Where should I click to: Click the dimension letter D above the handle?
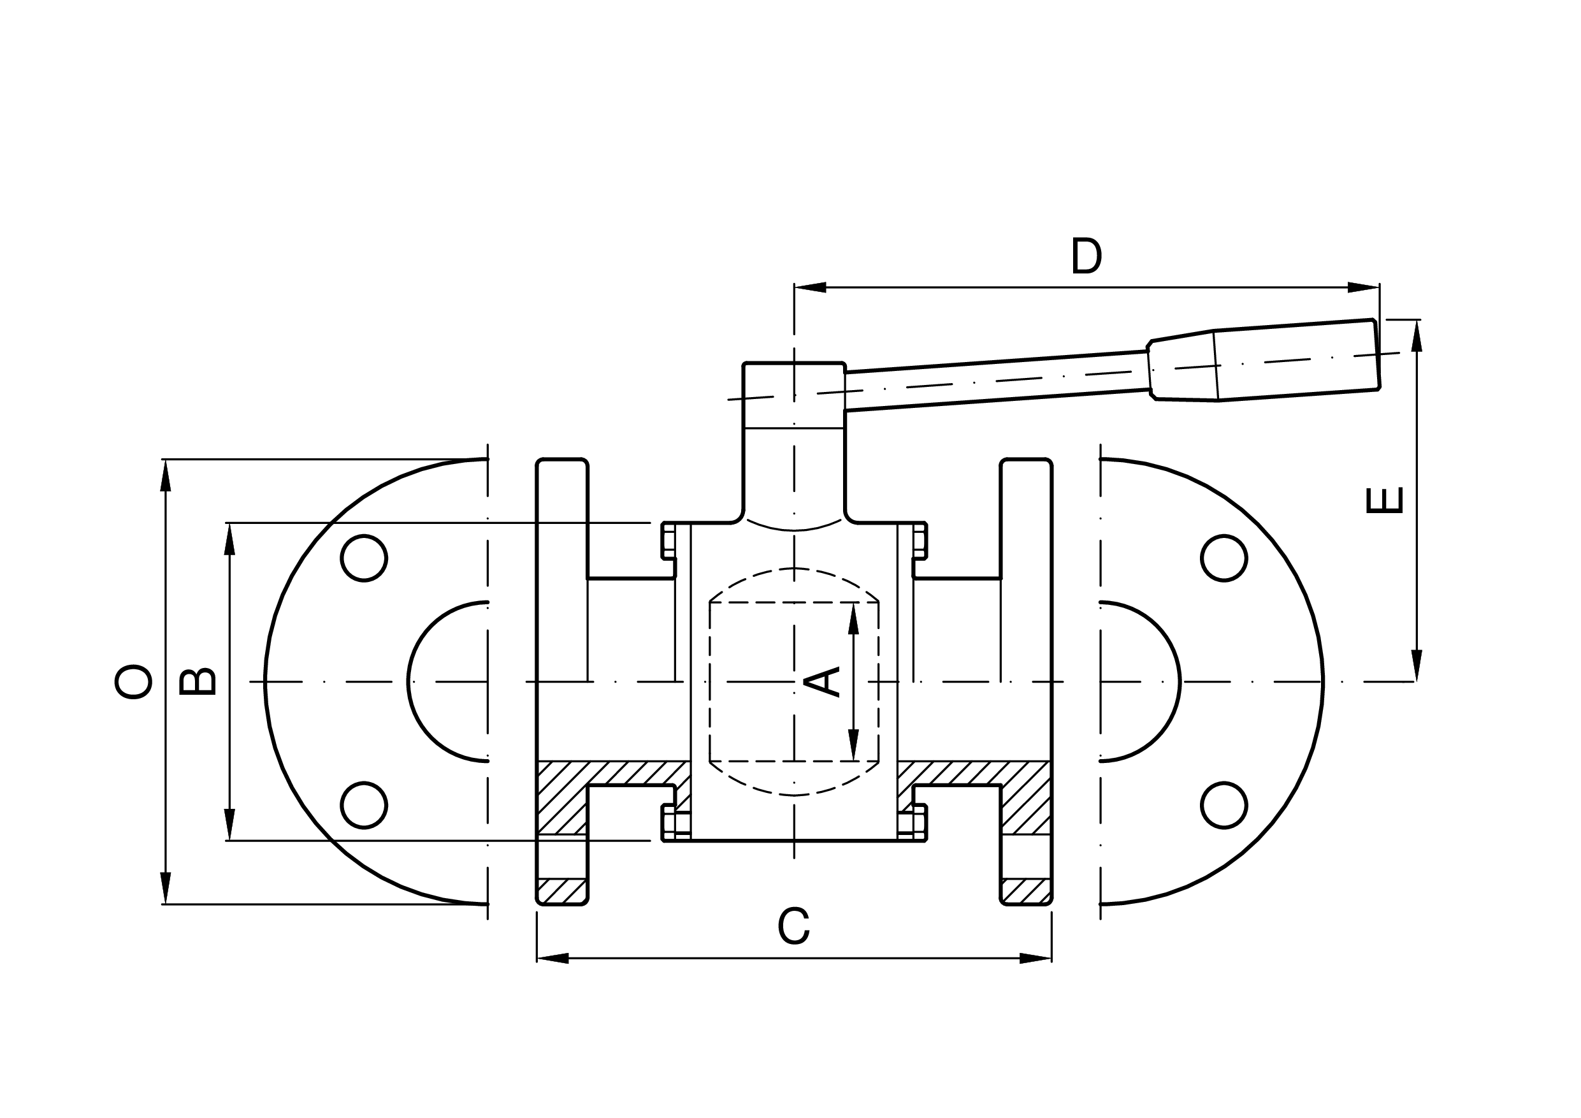pos(1086,256)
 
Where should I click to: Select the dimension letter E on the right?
pos(1384,500)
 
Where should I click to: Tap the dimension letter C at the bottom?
pos(793,926)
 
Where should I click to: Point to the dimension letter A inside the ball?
pos(822,681)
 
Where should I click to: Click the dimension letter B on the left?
pos(198,681)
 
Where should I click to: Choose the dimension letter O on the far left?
pos(133,681)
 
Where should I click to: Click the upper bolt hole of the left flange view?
pos(364,558)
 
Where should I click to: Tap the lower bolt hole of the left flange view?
pos(364,805)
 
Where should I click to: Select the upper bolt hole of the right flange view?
pos(1224,558)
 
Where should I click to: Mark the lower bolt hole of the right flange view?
pos(1224,805)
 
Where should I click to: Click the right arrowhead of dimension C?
pos(1036,958)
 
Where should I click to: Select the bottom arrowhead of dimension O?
pos(165,887)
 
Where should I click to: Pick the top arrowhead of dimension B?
pos(230,539)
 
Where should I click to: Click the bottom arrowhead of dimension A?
pos(854,744)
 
